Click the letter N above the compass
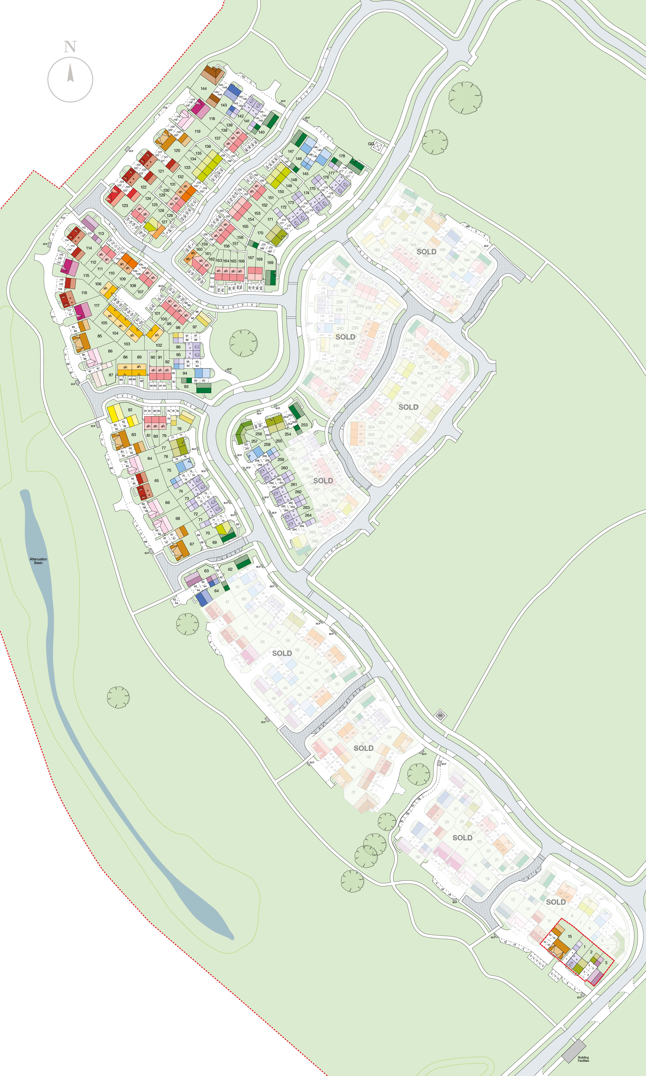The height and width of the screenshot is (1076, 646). coord(70,46)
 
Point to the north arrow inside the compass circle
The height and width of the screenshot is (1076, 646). coord(70,73)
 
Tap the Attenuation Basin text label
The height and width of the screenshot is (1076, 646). coord(38,561)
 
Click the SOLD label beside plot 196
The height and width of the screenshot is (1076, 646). coord(426,252)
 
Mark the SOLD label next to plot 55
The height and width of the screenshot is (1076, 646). coord(282,653)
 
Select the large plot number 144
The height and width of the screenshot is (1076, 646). coord(203,89)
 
